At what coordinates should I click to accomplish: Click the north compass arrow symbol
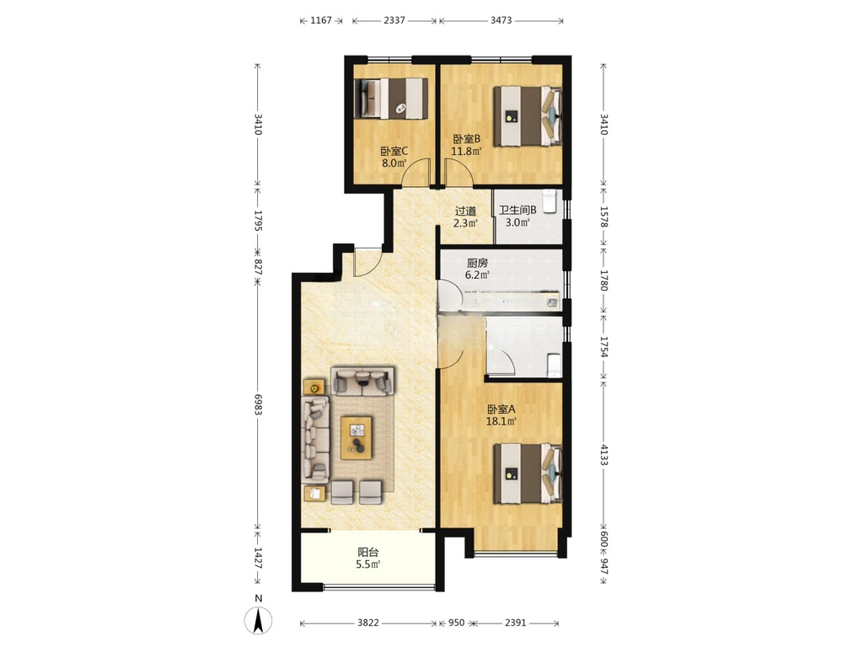click(x=258, y=621)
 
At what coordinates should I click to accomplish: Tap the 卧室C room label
click(x=394, y=151)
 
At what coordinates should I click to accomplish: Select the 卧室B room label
click(x=467, y=139)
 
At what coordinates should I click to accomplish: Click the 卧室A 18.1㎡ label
click(x=501, y=415)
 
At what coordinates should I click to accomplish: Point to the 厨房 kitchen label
click(x=477, y=263)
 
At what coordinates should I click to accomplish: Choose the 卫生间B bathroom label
click(x=517, y=210)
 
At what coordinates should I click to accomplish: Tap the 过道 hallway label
click(x=465, y=211)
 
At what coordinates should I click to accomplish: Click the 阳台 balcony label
click(x=368, y=553)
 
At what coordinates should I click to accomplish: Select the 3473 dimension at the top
click(x=501, y=20)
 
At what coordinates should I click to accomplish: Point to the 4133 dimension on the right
click(x=603, y=455)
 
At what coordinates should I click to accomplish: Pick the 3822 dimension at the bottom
click(x=368, y=623)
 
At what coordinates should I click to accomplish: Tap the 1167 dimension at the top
click(x=321, y=20)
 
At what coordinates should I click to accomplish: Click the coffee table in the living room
click(x=356, y=438)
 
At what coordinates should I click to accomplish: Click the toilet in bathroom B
click(x=549, y=201)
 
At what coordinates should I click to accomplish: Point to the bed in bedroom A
click(x=528, y=473)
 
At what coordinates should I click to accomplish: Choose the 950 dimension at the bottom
click(x=456, y=623)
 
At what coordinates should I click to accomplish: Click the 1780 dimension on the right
click(x=603, y=281)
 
